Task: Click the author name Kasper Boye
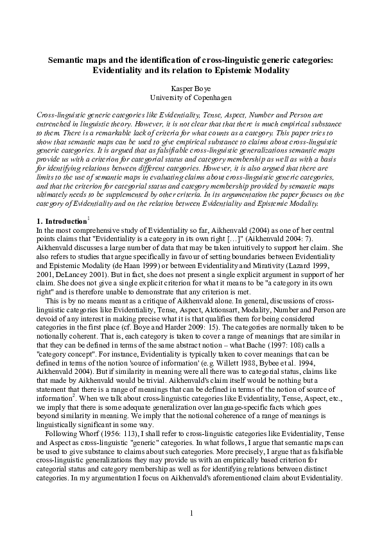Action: tap(191, 88)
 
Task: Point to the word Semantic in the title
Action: tap(67, 60)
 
